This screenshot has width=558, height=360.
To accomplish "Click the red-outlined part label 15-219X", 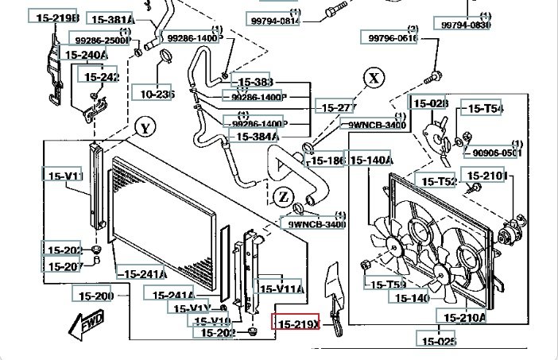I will tap(296, 323).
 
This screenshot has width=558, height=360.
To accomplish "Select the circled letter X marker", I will tap(374, 78).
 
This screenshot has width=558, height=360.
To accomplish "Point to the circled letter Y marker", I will tap(144, 128).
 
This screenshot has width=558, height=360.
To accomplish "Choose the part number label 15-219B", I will tap(54, 17).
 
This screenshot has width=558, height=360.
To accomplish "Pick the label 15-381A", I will tap(111, 19).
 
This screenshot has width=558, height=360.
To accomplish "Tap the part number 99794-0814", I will tap(274, 21).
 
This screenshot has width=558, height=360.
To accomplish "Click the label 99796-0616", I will tap(391, 37).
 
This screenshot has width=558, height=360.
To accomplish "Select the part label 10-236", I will tap(157, 94).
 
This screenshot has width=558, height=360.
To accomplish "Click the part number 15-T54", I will tap(484, 109).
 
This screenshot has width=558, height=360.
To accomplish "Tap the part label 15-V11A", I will tap(279, 289).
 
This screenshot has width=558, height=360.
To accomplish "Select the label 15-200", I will tap(95, 296).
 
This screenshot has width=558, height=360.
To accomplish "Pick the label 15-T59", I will tap(386, 284).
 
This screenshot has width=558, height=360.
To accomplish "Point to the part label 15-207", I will tap(64, 266).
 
